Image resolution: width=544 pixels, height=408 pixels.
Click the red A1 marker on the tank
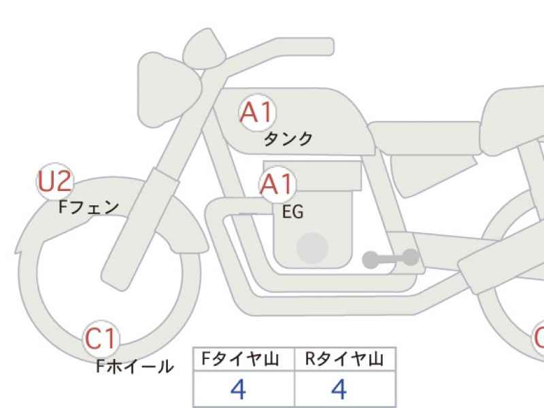pyautogui.click(x=258, y=112)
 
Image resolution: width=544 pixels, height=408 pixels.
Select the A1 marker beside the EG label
pyautogui.click(x=277, y=184)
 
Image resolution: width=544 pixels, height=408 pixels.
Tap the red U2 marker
pyautogui.click(x=55, y=181)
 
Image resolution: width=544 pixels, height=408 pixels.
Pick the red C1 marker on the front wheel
pyautogui.click(x=101, y=339)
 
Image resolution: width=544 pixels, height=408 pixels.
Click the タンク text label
pyautogui.click(x=288, y=139)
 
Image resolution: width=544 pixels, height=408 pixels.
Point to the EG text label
pyautogui.click(x=293, y=212)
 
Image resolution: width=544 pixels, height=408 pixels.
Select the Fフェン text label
pyautogui.click(x=88, y=207)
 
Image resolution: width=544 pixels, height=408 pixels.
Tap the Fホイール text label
pyautogui.click(x=135, y=367)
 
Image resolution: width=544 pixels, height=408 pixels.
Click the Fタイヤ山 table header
pyautogui.click(x=240, y=359)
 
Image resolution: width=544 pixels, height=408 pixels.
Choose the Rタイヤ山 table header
pyautogui.click(x=344, y=359)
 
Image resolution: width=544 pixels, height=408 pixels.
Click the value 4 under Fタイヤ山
pyautogui.click(x=239, y=389)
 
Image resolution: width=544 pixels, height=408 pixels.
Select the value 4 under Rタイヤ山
pyautogui.click(x=339, y=389)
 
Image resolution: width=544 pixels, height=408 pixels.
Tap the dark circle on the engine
pyautogui.click(x=312, y=248)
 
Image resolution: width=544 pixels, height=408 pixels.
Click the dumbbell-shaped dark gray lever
pyautogui.click(x=390, y=259)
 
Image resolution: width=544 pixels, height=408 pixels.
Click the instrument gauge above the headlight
pyautogui.click(x=205, y=49)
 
